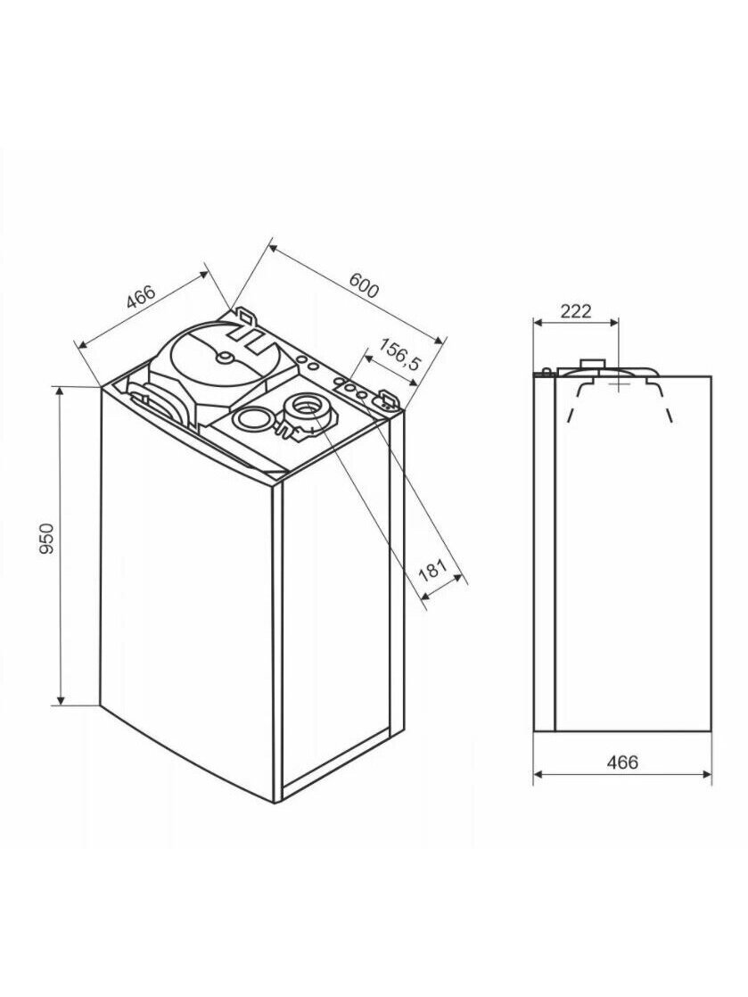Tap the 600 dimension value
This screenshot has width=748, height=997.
tap(364, 285)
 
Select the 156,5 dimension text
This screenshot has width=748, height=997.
tap(399, 355)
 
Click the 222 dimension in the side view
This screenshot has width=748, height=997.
tap(575, 311)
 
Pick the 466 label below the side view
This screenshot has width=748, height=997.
tap(621, 761)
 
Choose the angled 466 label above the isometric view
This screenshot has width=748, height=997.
tap(141, 297)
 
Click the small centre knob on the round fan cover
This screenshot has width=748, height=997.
tap(225, 358)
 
